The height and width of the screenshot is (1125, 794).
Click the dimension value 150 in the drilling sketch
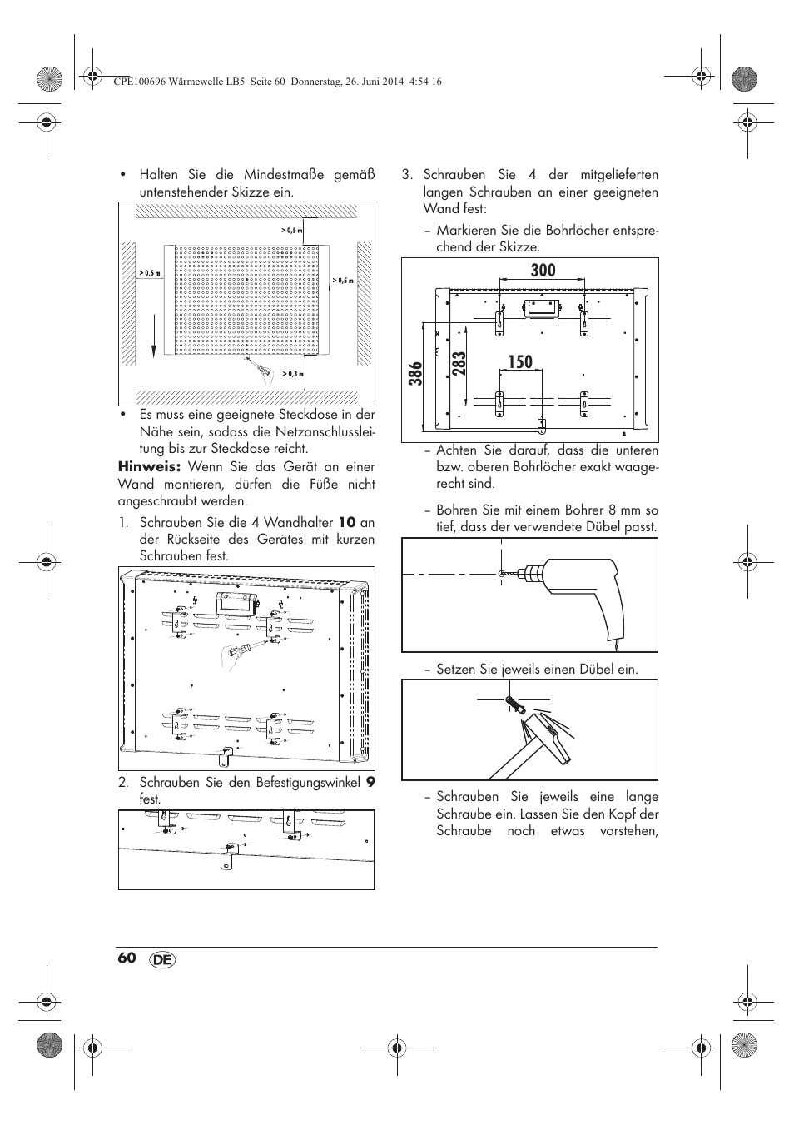[517, 361]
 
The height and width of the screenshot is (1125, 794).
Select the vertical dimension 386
[415, 373]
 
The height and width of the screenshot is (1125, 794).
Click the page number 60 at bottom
[127, 958]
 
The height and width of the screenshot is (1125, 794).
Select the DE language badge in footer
[164, 959]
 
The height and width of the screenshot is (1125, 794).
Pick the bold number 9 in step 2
[370, 783]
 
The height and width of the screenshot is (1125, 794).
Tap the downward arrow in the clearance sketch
[154, 341]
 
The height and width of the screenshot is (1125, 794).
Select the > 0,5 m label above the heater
[291, 230]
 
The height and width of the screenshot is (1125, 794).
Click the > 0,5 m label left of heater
[149, 273]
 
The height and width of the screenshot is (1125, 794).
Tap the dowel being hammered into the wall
[513, 704]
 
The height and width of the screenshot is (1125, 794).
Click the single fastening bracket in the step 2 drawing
[226, 854]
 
